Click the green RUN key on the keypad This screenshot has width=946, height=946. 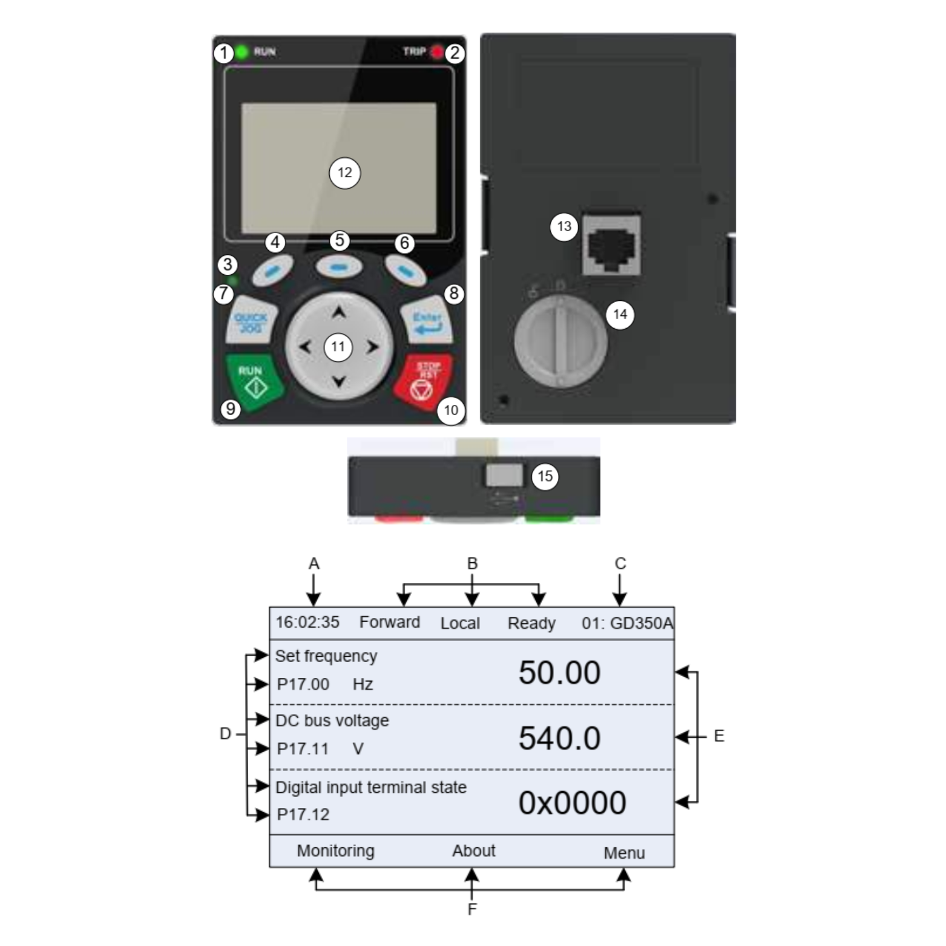pyautogui.click(x=254, y=380)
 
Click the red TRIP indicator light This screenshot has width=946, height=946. pyautogui.click(x=437, y=53)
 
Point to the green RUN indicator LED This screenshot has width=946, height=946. pyautogui.click(x=242, y=52)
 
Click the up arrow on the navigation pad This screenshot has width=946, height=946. pyautogui.click(x=339, y=313)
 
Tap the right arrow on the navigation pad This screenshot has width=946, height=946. pyautogui.click(x=372, y=347)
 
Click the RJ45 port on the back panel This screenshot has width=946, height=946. pyautogui.click(x=611, y=244)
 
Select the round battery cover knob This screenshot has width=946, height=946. pyautogui.click(x=560, y=341)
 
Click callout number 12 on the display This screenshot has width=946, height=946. pyautogui.click(x=344, y=173)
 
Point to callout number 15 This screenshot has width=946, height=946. pyautogui.click(x=545, y=476)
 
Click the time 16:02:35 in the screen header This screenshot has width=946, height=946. pyautogui.click(x=307, y=622)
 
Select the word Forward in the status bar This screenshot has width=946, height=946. pyautogui.click(x=390, y=622)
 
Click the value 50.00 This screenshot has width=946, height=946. pyautogui.click(x=559, y=672)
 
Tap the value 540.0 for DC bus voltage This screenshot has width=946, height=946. pyautogui.click(x=559, y=738)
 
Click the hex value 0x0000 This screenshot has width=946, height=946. pyautogui.click(x=572, y=803)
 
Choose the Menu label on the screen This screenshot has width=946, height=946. pyautogui.click(x=624, y=853)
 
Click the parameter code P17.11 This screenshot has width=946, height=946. pyautogui.click(x=303, y=749)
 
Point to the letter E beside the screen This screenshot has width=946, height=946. pyautogui.click(x=719, y=736)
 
